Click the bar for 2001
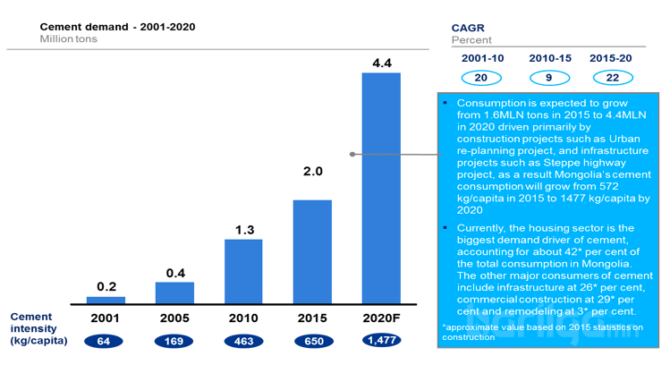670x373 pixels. coord(106,300)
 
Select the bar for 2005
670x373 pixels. coord(174,292)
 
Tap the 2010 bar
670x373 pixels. coord(243,271)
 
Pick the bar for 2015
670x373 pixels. coord(312,251)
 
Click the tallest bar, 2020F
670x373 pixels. coord(381,188)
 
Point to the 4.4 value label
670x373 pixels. coord(381,63)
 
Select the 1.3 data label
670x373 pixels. coord(243,230)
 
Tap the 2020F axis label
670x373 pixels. coord(381,318)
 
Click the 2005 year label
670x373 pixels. coord(174,318)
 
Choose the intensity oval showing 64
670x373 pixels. coord(105,341)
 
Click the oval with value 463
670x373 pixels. coord(242,341)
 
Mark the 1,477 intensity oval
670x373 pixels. coord(382,341)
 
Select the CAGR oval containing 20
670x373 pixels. coord(480,78)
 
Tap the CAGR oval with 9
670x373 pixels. coord(545,78)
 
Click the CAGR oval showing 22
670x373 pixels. coord(613,78)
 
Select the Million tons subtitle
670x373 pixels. coord(69,39)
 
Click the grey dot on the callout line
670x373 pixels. coord(352,154)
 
